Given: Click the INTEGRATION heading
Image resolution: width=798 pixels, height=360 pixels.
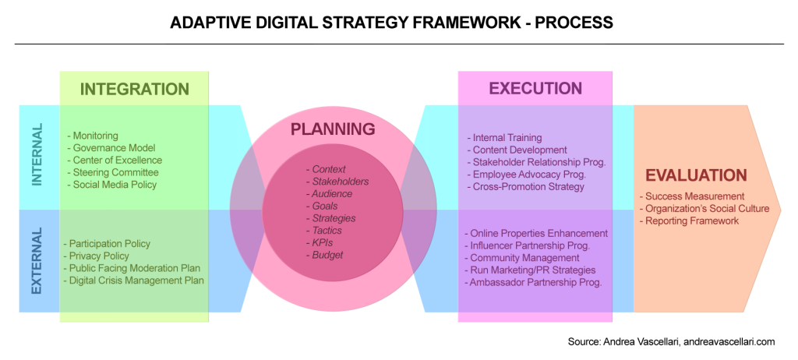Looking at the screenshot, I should click(134, 89).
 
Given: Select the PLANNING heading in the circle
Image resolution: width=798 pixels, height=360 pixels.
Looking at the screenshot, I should click(333, 129).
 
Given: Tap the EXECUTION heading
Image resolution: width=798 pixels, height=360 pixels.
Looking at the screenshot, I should click(535, 89).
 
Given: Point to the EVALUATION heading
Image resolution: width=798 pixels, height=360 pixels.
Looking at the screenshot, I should click(695, 175).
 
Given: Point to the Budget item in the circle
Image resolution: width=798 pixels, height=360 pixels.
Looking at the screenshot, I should click(327, 255).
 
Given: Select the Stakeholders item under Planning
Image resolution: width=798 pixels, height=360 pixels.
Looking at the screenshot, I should click(336, 182).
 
